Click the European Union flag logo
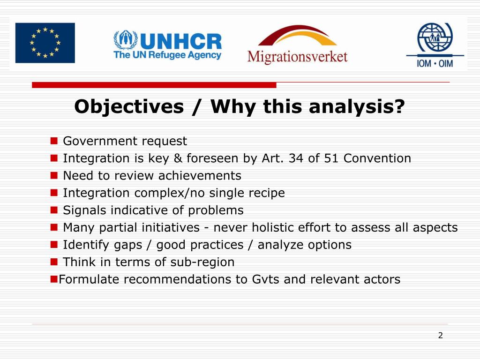pyautogui.click(x=45, y=43)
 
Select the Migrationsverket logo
pyautogui.click(x=297, y=45)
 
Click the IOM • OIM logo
pyautogui.click(x=435, y=45)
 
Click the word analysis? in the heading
pyautogui.click(x=357, y=107)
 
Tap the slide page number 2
pyautogui.click(x=440, y=335)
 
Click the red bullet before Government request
pyautogui.click(x=54, y=141)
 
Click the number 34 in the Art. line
pyautogui.click(x=296, y=158)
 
